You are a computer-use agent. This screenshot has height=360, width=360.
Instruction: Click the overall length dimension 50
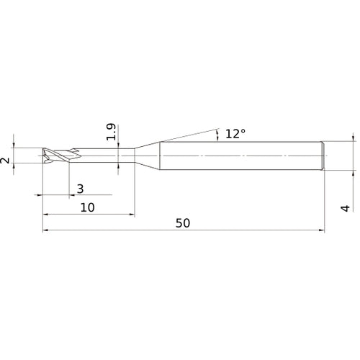point(182,223)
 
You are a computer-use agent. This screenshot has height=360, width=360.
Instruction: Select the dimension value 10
point(88,207)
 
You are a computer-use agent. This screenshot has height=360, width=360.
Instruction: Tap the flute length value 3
point(80,189)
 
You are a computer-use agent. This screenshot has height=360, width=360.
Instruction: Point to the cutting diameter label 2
point(6,161)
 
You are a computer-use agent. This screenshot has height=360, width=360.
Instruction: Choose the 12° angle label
point(235,133)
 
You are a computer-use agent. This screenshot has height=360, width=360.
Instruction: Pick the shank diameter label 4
point(346,209)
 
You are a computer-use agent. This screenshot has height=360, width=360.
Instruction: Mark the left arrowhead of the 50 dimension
point(47,231)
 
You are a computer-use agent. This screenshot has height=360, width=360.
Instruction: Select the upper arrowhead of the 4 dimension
point(353,137)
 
